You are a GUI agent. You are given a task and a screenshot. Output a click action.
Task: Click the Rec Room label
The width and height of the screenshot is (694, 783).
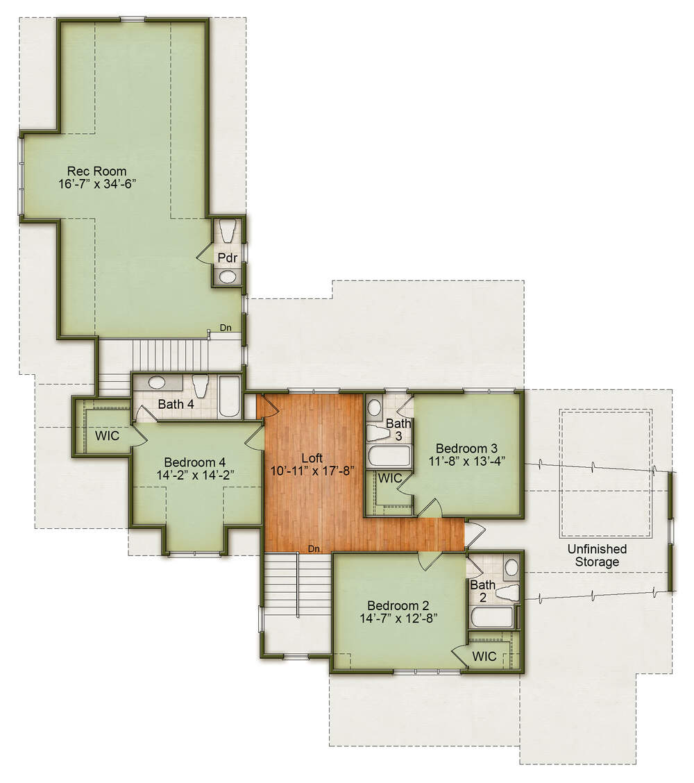click(97, 171)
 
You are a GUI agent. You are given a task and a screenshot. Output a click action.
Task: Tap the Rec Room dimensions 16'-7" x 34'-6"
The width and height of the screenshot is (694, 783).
click(97, 184)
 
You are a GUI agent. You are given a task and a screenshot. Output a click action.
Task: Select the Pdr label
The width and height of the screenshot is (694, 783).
click(227, 258)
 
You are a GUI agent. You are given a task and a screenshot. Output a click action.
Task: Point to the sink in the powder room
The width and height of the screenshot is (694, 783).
click(228, 276)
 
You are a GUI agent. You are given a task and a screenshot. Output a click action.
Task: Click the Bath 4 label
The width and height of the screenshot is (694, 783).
click(176, 404)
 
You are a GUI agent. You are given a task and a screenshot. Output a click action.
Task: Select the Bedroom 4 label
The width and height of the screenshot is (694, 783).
click(195, 462)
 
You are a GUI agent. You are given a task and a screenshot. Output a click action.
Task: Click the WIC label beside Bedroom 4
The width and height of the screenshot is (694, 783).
click(108, 435)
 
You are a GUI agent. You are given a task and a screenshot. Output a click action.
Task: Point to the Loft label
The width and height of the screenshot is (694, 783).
click(312, 458)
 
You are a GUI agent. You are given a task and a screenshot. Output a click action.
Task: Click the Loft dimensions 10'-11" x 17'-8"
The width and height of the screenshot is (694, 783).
click(312, 471)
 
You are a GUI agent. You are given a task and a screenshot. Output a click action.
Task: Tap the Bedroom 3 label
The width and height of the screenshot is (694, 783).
click(466, 448)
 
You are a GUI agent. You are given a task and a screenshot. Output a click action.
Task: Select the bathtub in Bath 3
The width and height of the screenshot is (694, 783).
click(389, 455)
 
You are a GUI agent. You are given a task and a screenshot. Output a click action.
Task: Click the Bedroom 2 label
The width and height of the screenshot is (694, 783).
click(398, 606)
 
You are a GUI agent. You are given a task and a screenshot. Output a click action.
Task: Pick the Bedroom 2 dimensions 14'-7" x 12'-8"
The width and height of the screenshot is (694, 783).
click(398, 618)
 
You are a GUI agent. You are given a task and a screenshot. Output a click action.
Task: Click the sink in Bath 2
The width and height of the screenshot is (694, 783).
click(511, 567)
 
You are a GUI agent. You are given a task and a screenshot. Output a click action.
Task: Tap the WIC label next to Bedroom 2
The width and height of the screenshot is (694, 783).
click(484, 656)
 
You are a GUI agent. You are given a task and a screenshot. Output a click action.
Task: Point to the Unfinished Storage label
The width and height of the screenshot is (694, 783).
click(597, 555)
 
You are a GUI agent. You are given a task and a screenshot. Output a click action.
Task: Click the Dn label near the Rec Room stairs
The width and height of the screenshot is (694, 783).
click(226, 328)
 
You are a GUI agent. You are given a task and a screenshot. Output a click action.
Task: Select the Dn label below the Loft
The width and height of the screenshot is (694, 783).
click(314, 549)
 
